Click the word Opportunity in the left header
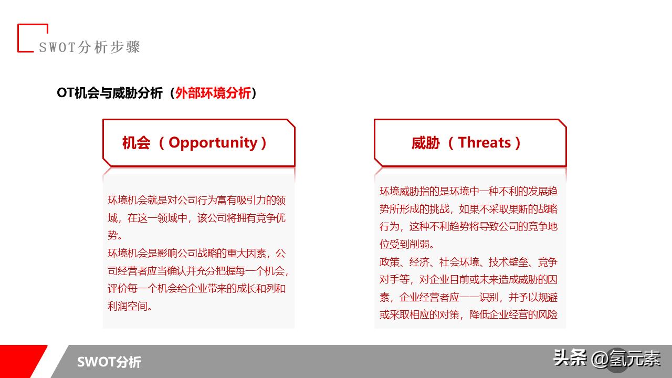point(213,143)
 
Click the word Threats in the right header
point(484,143)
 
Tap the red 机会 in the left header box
point(136,143)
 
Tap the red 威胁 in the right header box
point(425,143)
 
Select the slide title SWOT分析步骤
point(89,47)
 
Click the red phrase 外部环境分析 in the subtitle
point(213,93)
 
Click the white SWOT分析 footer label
point(109,362)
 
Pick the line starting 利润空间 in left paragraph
point(130,306)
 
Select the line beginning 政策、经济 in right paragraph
point(468,262)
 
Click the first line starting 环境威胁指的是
point(468,192)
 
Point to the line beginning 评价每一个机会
point(196,289)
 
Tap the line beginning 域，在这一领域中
point(196,218)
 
